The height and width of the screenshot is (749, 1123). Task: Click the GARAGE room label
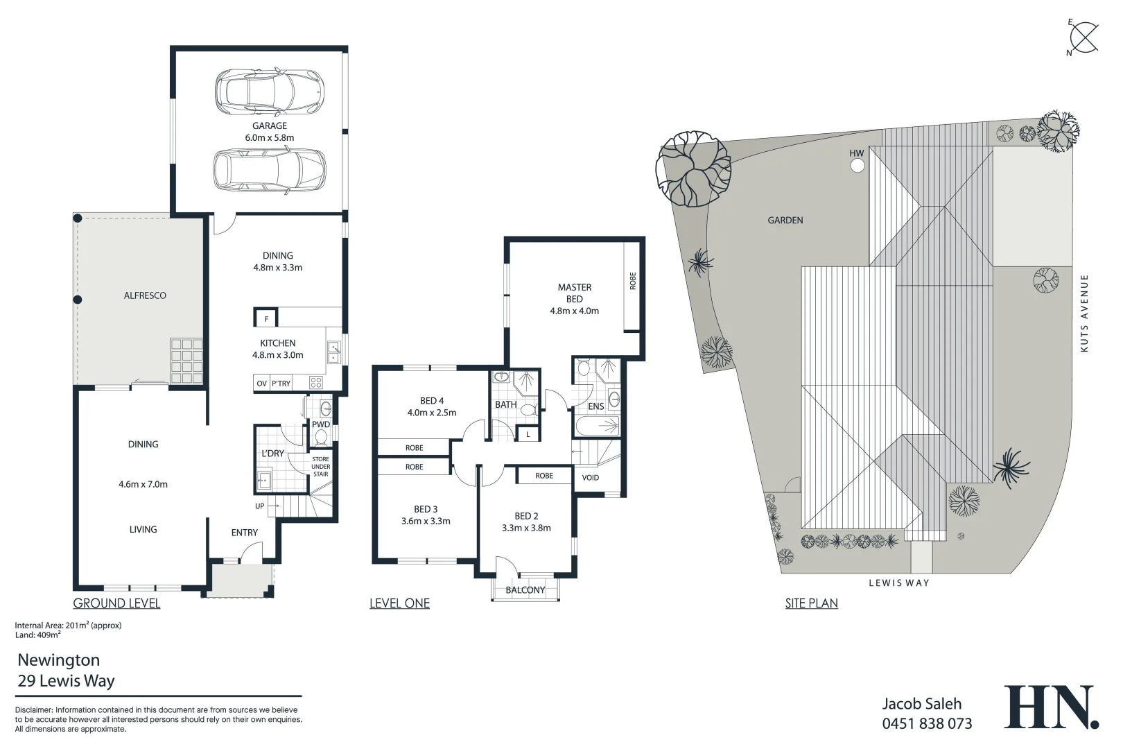269,126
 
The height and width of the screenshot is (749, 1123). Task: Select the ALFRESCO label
145,295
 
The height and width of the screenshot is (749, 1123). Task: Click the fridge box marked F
266,319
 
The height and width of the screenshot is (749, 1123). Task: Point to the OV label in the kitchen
261,384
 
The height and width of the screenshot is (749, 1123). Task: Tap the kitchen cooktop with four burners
315,382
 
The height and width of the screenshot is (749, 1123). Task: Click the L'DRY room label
272,453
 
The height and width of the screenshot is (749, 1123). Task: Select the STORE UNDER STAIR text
320,467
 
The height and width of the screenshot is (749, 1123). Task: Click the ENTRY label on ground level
244,533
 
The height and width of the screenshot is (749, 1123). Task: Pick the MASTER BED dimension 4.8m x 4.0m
574,311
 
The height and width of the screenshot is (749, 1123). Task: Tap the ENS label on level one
595,406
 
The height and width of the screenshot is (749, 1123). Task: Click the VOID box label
590,478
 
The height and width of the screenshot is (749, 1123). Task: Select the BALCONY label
525,590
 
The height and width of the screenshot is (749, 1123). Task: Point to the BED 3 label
426,509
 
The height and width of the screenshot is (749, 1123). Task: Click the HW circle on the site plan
858,166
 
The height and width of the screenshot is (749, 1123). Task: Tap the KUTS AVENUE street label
1084,313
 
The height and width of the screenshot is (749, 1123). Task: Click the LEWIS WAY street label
898,583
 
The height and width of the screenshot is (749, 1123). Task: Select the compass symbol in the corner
1083,36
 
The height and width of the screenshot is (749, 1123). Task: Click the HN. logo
1051,707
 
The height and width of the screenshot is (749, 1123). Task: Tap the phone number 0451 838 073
927,724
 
